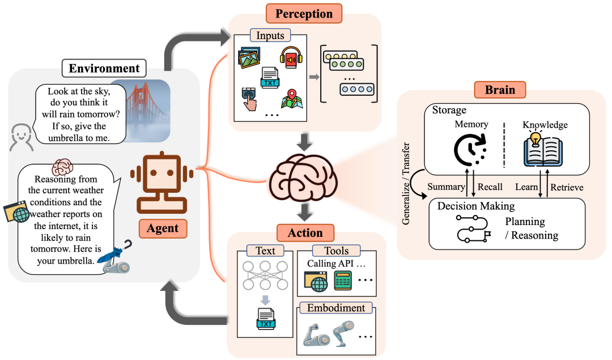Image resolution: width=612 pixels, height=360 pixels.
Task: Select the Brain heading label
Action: point(499,90)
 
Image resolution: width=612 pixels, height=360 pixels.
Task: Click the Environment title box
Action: point(104,69)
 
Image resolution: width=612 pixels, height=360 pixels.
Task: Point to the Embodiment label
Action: point(335,308)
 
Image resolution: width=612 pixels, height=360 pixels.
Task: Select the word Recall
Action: point(490,187)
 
